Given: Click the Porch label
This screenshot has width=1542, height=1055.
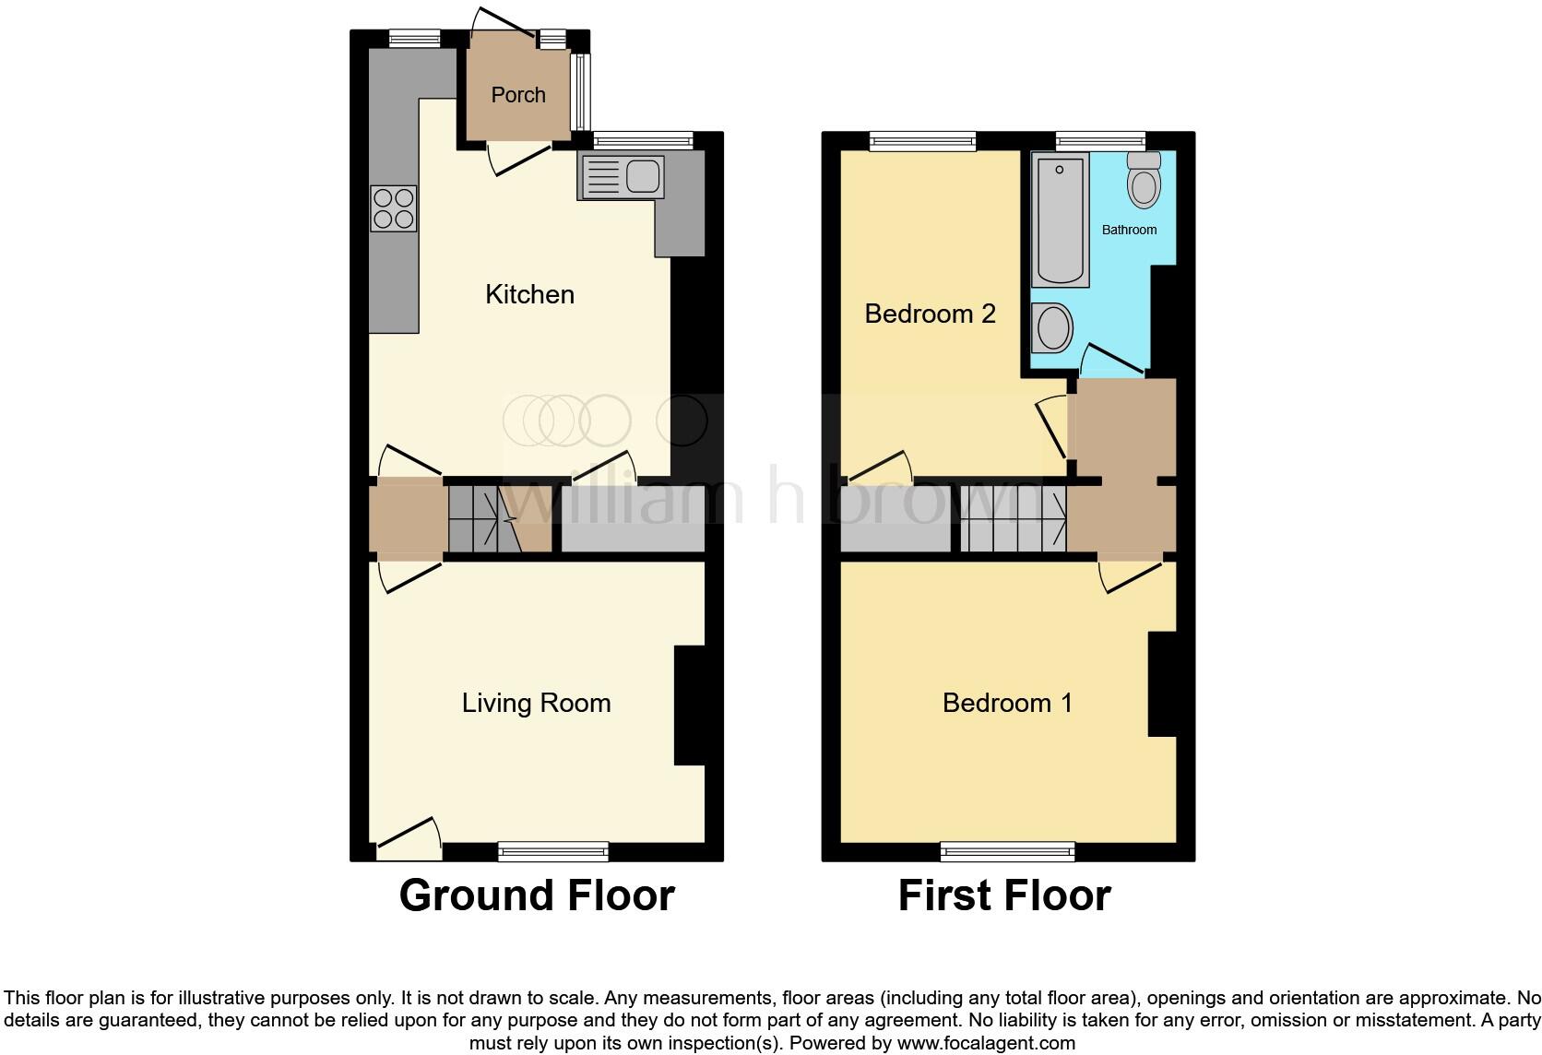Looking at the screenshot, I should click(517, 95).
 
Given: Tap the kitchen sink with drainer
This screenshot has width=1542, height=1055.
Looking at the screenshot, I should click(621, 177).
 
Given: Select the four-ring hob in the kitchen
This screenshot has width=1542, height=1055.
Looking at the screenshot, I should click(394, 208).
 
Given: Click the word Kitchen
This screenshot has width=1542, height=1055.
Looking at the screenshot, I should click(529, 294).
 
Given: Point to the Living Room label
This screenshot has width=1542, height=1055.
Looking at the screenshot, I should click(536, 703).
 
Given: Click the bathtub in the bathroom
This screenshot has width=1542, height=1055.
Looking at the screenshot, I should click(1062, 219).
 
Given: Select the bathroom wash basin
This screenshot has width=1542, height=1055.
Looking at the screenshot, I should click(1053, 326).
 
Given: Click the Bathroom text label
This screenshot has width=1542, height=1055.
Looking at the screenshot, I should click(1129, 230).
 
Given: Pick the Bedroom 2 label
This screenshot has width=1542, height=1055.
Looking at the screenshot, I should click(930, 314).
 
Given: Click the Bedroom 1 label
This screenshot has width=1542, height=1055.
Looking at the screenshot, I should click(1007, 703).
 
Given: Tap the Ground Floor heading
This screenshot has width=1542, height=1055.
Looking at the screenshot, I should click(537, 895).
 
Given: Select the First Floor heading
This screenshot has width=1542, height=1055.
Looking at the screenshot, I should click(1004, 895).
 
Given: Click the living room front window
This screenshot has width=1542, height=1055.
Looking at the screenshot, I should click(553, 851).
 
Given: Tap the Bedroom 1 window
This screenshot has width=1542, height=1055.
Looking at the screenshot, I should click(1007, 851).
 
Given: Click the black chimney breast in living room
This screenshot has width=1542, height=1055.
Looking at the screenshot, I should click(690, 705).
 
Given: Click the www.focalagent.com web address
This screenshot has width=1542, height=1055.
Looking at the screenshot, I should click(985, 1043).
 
